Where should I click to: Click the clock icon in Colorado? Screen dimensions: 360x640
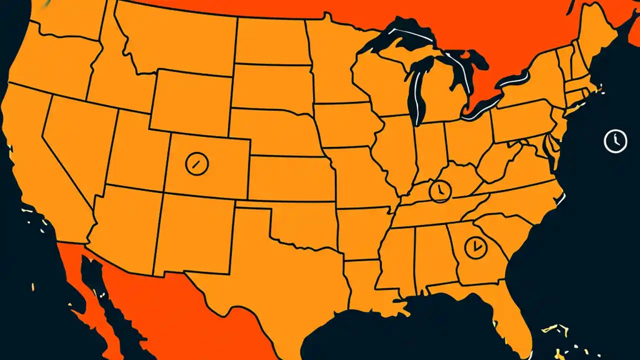pyautogui.click(x=196, y=163)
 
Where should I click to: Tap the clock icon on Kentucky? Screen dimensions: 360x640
pyautogui.click(x=440, y=190)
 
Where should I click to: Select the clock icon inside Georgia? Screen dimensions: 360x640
pyautogui.click(x=475, y=246)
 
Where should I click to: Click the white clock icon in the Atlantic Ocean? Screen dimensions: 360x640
pyautogui.click(x=615, y=140)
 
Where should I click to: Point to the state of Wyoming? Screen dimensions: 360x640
pyautogui.click(x=190, y=102)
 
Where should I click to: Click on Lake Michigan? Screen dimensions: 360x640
pyautogui.click(x=415, y=90)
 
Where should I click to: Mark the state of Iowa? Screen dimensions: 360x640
pyautogui.click(x=345, y=125)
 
